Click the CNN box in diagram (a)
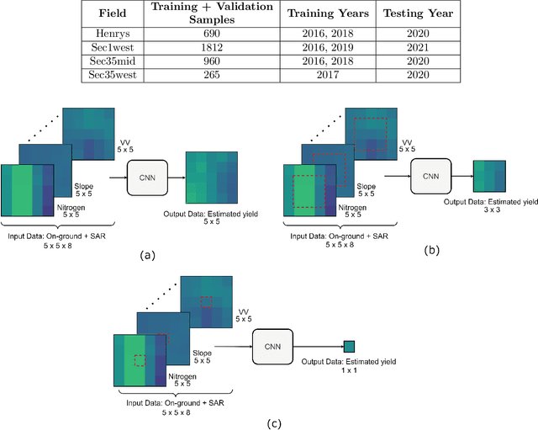coord(148,178)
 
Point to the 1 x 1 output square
coord(349,346)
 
